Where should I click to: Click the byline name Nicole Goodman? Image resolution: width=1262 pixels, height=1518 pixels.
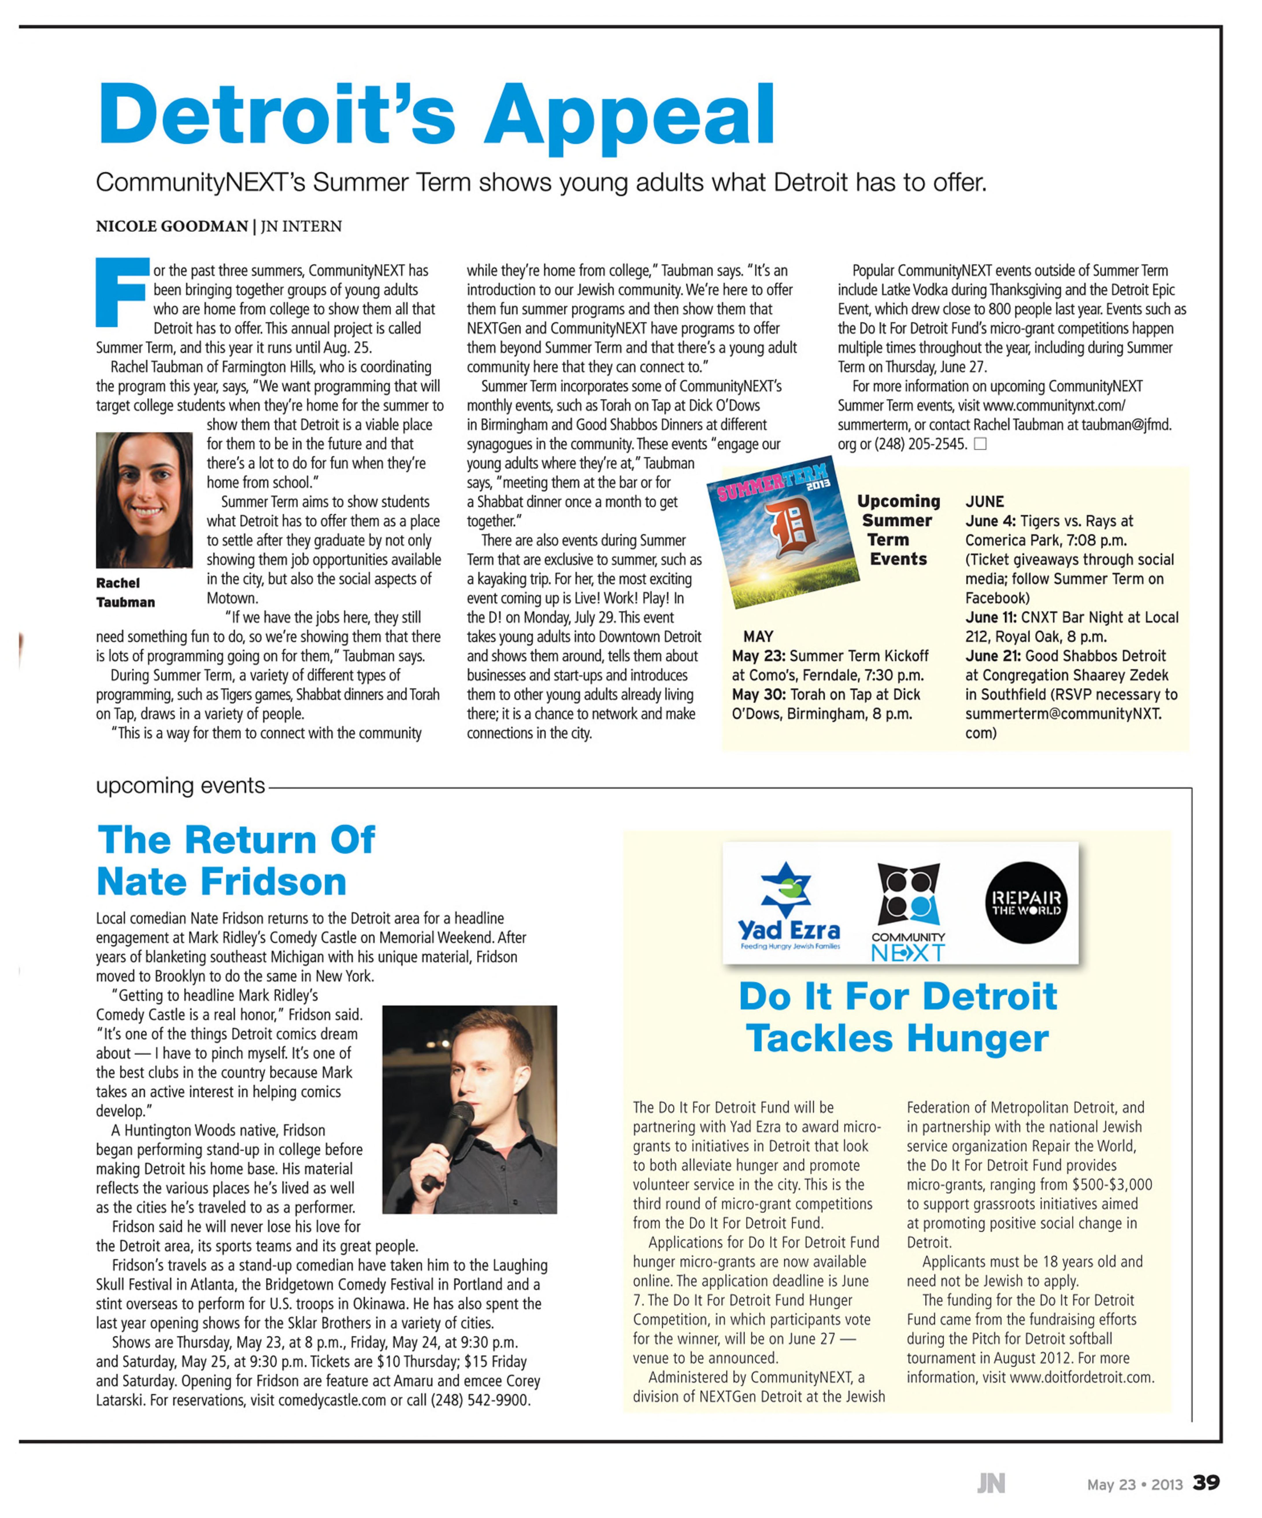coord(172,226)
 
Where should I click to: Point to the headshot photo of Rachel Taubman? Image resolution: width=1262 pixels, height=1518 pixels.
coord(144,499)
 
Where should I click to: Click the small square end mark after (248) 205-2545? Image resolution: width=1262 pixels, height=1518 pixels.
coord(980,444)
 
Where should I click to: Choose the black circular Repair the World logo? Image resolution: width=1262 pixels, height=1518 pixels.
coord(1026,903)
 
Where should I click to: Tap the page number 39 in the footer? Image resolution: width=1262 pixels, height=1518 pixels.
coord(1206,1482)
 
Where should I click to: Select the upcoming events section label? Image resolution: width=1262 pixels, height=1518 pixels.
coord(181,786)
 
